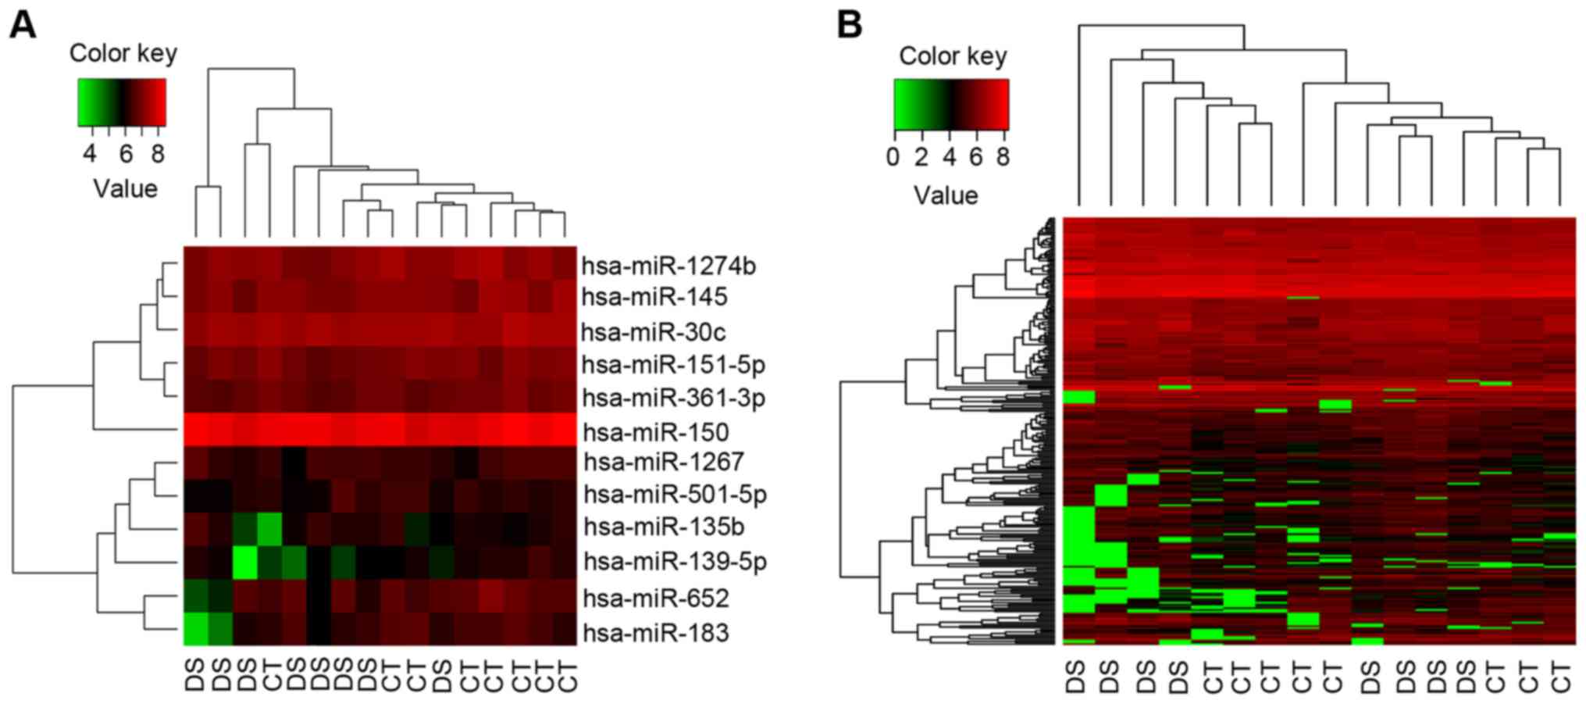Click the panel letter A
[23, 25]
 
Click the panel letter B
[850, 25]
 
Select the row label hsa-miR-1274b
[668, 266]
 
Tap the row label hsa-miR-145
[654, 297]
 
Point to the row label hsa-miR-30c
[653, 333]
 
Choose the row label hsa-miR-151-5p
[674, 365]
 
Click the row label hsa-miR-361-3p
[674, 398]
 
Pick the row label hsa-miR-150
[656, 432]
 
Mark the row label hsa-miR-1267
[664, 462]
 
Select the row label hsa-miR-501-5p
[675, 495]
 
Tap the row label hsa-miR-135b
[664, 527]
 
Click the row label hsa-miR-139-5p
[675, 562]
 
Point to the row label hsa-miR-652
[656, 599]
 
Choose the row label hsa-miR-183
[656, 632]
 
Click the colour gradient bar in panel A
[122, 102]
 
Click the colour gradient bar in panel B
[951, 104]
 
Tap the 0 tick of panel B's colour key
[893, 158]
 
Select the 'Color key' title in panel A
[123, 53]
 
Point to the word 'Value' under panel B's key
[946, 195]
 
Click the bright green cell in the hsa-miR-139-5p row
[245, 563]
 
